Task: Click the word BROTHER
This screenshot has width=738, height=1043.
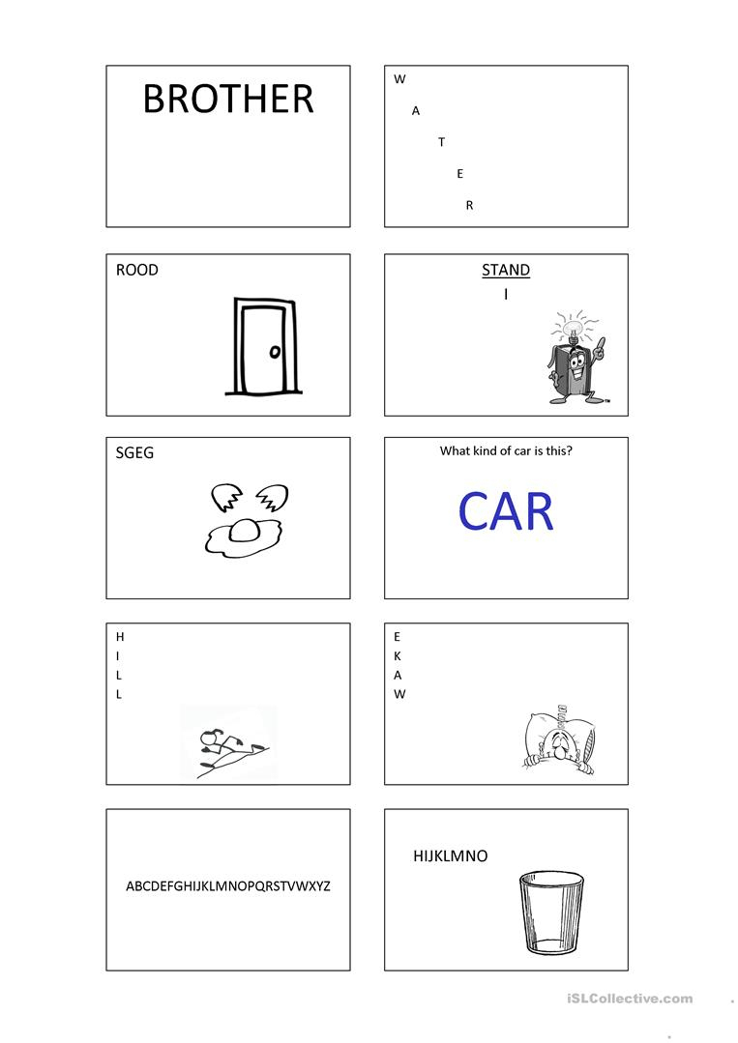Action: [x=228, y=99]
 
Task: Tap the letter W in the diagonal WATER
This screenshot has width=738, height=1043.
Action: [x=399, y=79]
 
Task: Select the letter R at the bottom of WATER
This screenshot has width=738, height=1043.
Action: [x=469, y=206]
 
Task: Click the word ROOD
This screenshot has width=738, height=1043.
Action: [x=137, y=270]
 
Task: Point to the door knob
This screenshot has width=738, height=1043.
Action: [x=274, y=351]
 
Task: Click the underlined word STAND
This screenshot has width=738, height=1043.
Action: [x=506, y=270]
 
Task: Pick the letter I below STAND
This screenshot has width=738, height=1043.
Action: [x=506, y=293]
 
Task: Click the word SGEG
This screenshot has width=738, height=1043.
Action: [x=134, y=453]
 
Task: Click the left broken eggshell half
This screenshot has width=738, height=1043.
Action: [x=225, y=497]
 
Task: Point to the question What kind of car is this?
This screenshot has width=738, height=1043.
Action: [x=506, y=451]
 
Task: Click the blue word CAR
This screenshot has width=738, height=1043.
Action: [x=506, y=511]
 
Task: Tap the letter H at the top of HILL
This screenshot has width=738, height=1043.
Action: [x=120, y=637]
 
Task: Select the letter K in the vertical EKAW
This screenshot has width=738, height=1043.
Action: [x=398, y=656]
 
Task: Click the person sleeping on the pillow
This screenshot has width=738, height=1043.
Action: [x=558, y=743]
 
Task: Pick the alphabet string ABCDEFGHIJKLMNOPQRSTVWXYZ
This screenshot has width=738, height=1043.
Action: [x=228, y=886]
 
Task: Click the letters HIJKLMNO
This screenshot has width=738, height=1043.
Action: [x=451, y=856]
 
